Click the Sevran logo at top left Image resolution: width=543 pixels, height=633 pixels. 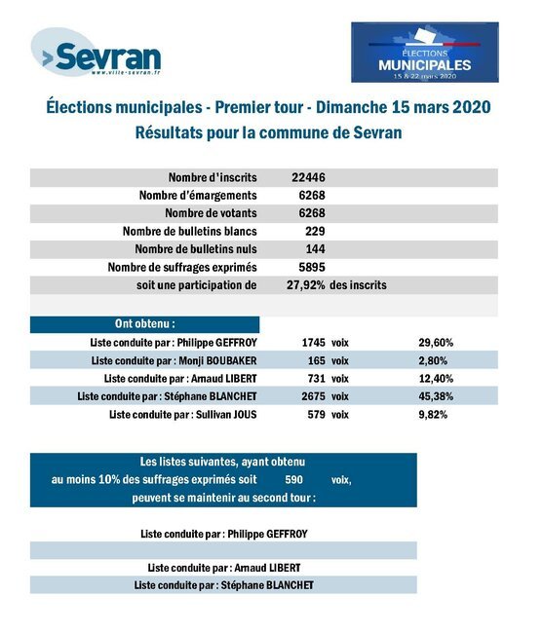[97, 53]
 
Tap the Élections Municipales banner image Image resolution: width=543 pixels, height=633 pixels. [425, 52]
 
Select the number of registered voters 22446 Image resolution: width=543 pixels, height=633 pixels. [308, 177]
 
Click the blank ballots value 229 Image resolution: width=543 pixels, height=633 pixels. [315, 231]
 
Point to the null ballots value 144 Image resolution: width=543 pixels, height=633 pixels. [315, 248]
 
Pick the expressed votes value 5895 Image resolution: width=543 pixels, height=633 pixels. [312, 267]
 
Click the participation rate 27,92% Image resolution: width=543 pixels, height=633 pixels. [306, 285]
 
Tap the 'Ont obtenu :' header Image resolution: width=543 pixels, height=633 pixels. [145, 323]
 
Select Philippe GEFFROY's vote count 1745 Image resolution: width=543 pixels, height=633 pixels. [314, 343]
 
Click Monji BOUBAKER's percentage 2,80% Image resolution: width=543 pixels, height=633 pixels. [433, 360]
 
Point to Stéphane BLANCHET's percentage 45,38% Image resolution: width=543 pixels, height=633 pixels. [436, 396]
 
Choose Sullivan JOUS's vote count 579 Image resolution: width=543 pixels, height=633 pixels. [317, 414]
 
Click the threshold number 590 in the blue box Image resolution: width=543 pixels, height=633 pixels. [293, 479]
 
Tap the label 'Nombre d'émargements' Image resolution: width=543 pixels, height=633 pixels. [198, 195]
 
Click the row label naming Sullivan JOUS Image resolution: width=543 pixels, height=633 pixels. [183, 414]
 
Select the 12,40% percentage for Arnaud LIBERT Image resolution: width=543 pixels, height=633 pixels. [436, 378]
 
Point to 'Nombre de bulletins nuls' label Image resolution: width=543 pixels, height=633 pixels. [196, 248]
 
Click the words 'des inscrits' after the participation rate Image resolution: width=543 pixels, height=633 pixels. [358, 285]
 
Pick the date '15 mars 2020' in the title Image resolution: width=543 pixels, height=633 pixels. [442, 107]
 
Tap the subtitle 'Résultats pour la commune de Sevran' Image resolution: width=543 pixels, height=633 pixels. [268, 132]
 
